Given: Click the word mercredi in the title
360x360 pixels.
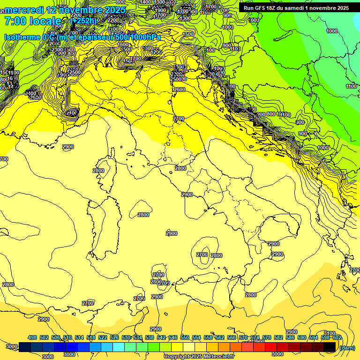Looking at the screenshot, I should tap(23, 10).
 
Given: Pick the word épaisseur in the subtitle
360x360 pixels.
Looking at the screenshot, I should tap(94, 37).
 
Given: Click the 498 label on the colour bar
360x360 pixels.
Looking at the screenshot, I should tap(32, 337).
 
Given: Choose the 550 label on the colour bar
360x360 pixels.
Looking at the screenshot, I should tap(184, 337).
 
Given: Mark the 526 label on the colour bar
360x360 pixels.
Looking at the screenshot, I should tap(114, 337).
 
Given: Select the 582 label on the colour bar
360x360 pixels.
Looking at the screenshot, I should tap(278, 337).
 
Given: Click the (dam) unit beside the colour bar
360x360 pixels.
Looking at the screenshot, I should tap(347, 347).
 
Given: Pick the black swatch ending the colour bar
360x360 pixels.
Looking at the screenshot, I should tap(330, 347).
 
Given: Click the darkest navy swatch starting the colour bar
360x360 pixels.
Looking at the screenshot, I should tap(25, 347).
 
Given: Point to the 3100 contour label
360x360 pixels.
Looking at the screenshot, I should tap(330, 333).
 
